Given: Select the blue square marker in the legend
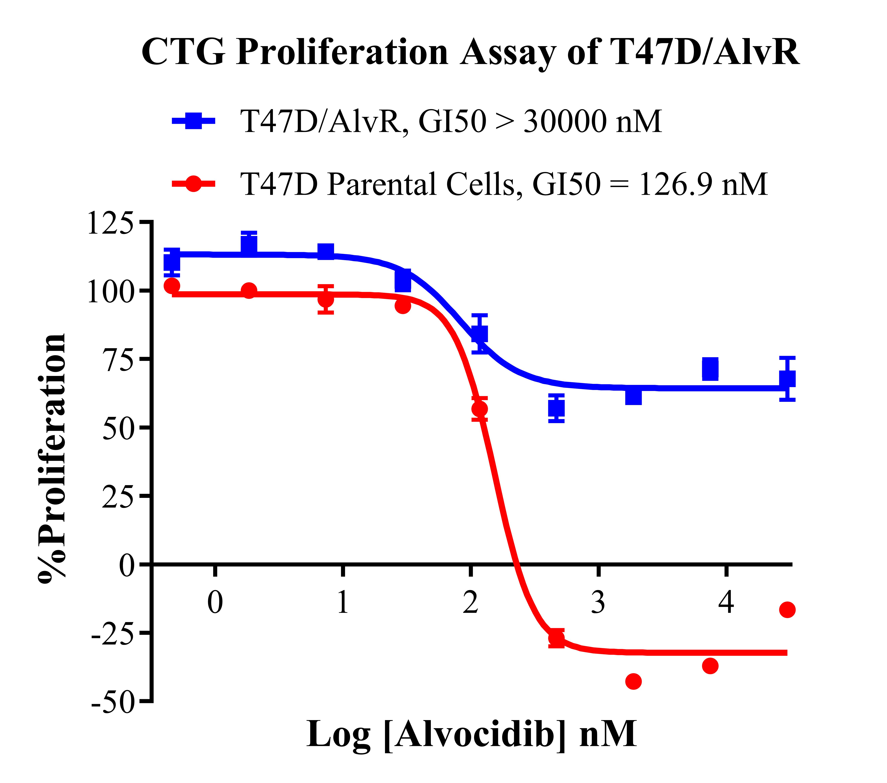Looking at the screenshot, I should (194, 121).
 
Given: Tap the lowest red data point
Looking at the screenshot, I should (634, 682).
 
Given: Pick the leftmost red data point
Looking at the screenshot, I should (172, 285).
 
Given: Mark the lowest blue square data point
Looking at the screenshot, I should (556, 408).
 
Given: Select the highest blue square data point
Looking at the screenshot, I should (249, 246).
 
